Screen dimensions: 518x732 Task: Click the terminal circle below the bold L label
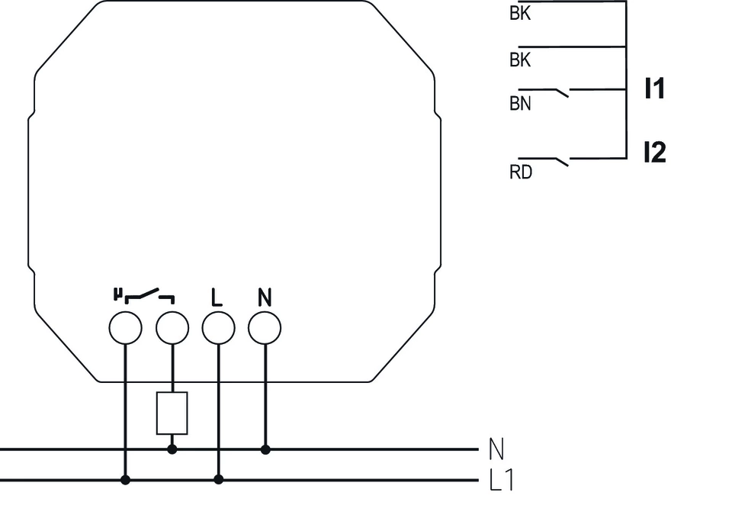(x=218, y=328)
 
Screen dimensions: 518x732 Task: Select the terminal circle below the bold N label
(x=265, y=328)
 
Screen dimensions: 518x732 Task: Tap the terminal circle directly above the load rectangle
(x=172, y=328)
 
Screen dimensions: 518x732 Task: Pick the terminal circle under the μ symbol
(x=126, y=328)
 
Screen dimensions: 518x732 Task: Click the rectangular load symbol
(x=172, y=413)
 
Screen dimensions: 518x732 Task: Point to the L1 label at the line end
(x=500, y=481)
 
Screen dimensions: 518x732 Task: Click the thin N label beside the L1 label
(x=496, y=449)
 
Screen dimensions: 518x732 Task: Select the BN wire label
(x=520, y=104)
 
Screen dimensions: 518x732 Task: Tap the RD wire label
(x=520, y=172)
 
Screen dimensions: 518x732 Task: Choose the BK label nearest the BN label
(x=520, y=60)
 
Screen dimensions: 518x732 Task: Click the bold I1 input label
(x=653, y=89)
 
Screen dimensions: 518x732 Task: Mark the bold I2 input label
(x=653, y=153)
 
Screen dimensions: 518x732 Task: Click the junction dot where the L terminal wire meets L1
(x=219, y=480)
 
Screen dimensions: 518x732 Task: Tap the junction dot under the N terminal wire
(x=265, y=449)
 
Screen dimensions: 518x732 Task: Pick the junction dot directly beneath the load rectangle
(x=172, y=449)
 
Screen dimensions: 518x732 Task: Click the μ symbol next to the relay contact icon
(x=117, y=293)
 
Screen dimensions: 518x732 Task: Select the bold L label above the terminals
(x=217, y=298)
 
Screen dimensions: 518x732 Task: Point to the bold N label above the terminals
(x=265, y=298)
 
